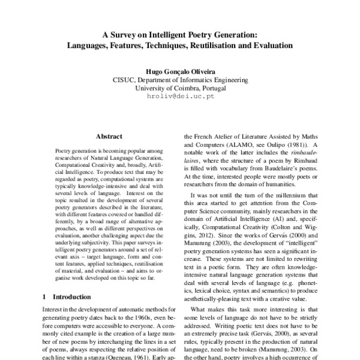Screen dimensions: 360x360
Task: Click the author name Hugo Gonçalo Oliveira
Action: [179, 69]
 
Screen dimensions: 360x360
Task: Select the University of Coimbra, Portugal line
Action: [179, 87]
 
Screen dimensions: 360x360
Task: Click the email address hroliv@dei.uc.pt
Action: [179, 96]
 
